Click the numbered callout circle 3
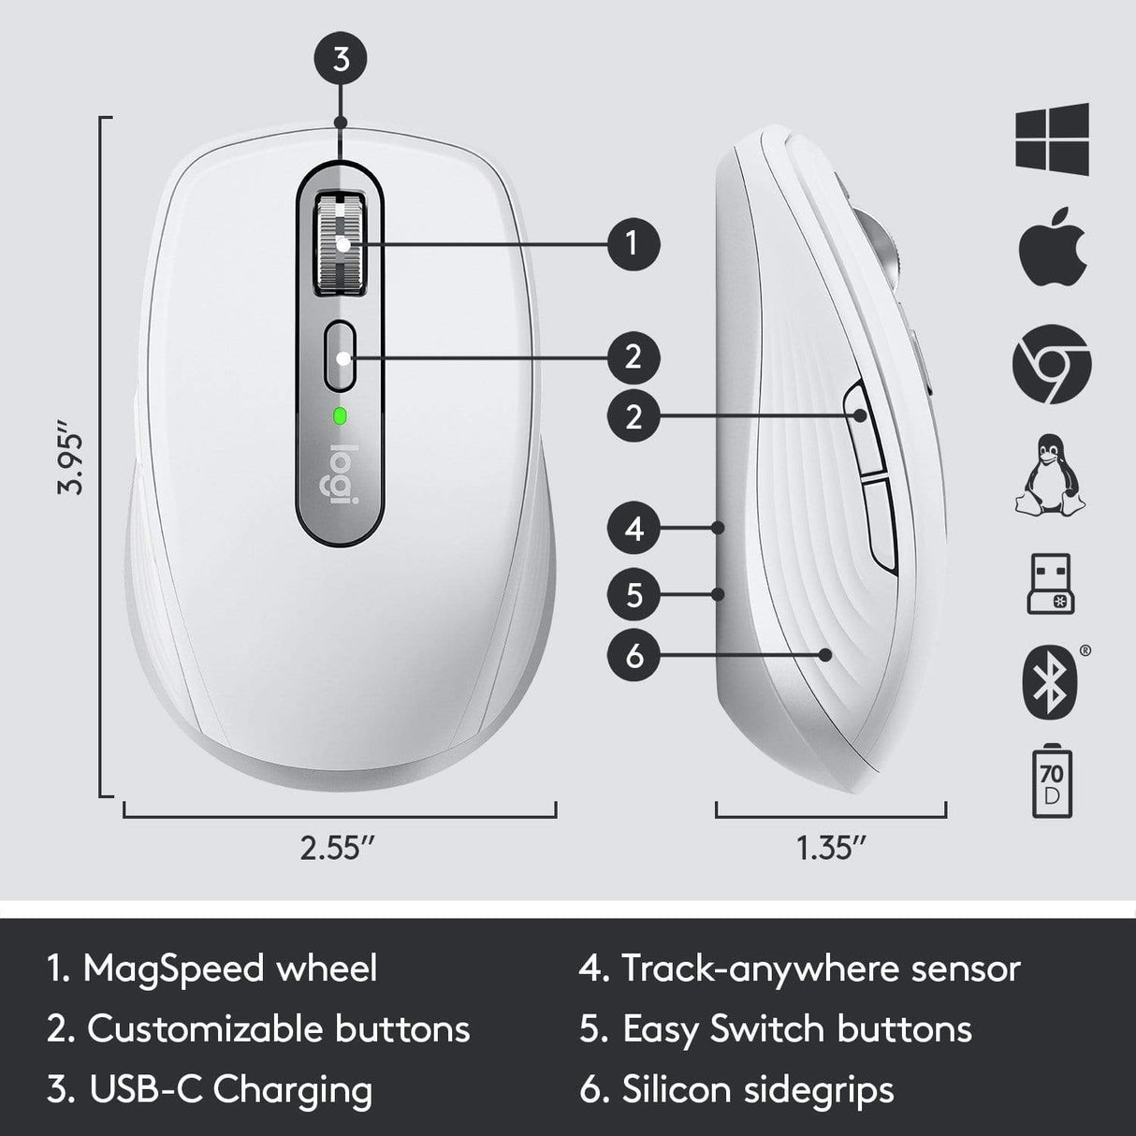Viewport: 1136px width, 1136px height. point(342,59)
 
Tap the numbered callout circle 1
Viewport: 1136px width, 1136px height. point(634,244)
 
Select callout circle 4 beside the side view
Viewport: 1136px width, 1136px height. point(634,529)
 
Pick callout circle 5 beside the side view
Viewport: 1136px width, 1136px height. point(634,594)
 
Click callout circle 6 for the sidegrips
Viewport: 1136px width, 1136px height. point(634,656)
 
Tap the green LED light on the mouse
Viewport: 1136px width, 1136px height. point(340,415)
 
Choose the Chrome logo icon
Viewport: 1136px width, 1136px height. point(1052,364)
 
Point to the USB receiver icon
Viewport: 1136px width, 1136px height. point(1050,585)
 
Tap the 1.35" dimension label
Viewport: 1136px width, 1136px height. point(830,848)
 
